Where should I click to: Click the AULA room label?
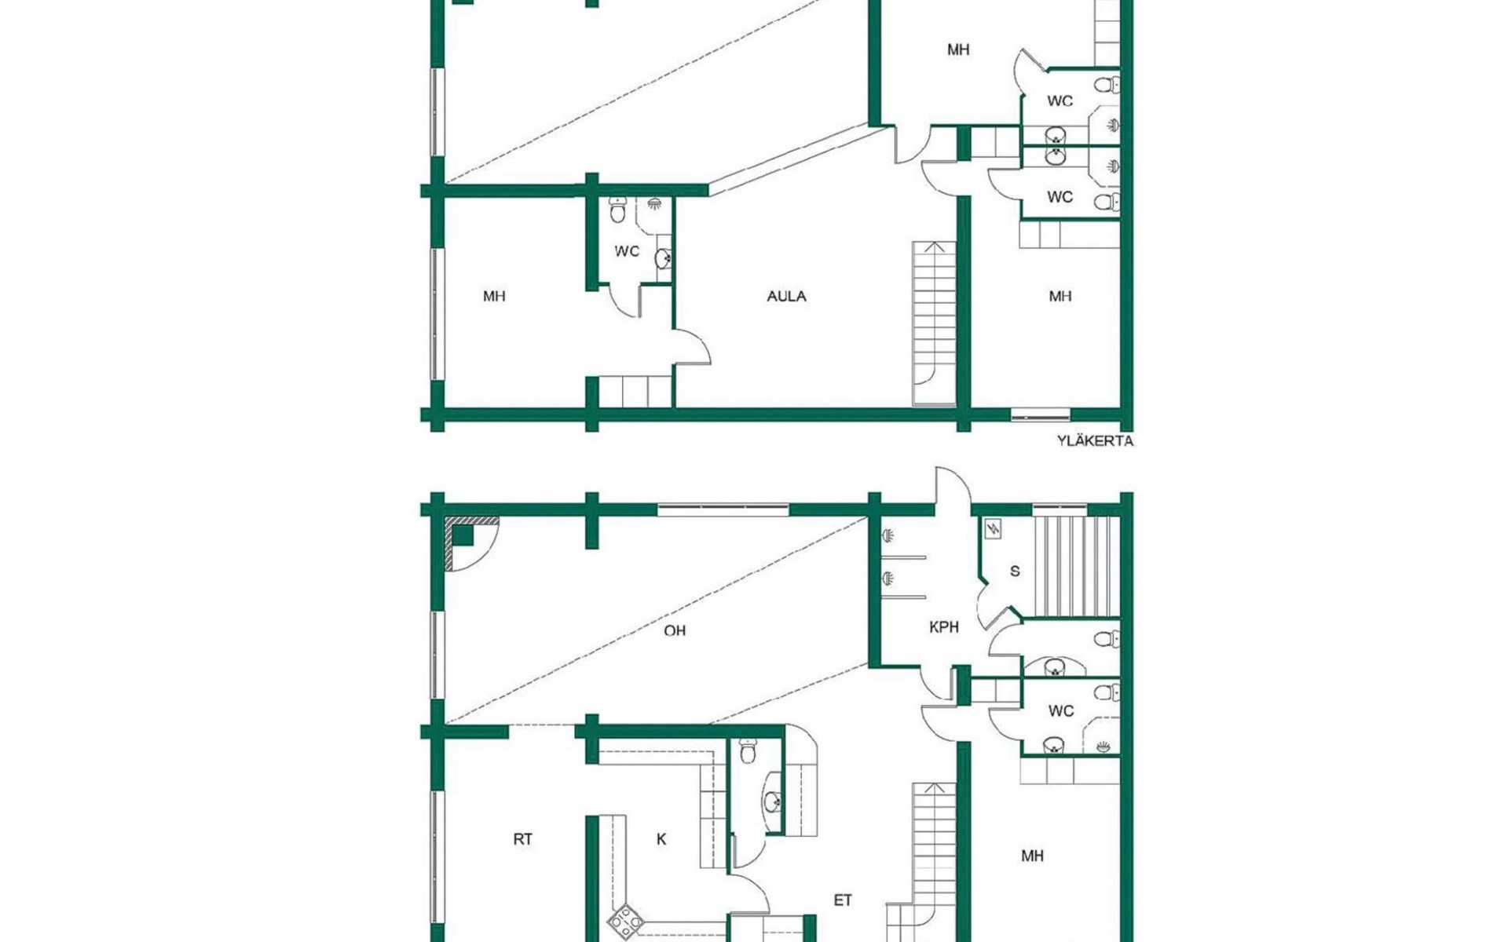tap(786, 296)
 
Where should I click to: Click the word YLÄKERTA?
tap(1095, 441)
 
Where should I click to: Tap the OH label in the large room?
tap(675, 630)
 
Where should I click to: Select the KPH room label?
tap(943, 627)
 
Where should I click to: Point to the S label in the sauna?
tap(1015, 571)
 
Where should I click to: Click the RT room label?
tap(522, 839)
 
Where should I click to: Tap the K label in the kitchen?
tap(661, 839)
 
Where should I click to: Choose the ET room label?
tap(843, 900)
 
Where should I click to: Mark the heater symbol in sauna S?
tap(993, 529)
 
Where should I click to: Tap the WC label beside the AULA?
tap(627, 251)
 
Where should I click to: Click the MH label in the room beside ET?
tap(1032, 856)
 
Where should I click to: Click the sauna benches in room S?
tap(1076, 566)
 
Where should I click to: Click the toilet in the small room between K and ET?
tap(749, 751)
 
